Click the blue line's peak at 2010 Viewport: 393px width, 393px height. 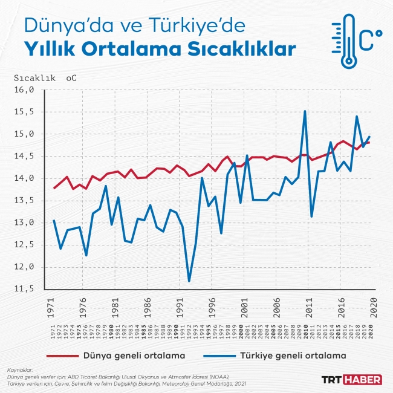305,111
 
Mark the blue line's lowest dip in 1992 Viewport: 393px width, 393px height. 189,281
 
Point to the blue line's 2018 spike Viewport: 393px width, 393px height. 357,117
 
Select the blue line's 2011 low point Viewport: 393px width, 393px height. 311,216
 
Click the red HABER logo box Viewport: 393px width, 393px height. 362,380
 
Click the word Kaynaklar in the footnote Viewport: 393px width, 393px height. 19,369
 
